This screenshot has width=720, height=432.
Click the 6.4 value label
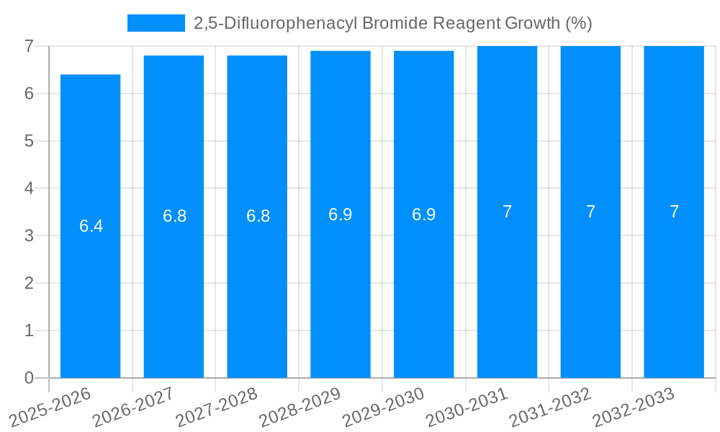pyautogui.click(x=91, y=226)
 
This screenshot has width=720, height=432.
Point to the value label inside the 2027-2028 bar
pyautogui.click(x=258, y=216)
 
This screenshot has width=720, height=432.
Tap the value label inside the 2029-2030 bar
pyautogui.click(x=424, y=215)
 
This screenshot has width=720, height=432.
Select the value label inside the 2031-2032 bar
pyautogui.click(x=590, y=212)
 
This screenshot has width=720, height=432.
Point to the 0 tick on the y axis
pyautogui.click(x=29, y=378)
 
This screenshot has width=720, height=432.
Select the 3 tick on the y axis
pyautogui.click(x=29, y=235)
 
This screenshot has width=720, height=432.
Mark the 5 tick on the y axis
pyautogui.click(x=29, y=141)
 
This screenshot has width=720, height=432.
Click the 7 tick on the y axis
pyautogui.click(x=29, y=46)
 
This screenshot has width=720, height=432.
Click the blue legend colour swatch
pyautogui.click(x=156, y=23)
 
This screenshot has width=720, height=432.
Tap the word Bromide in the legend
pyautogui.click(x=395, y=23)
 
